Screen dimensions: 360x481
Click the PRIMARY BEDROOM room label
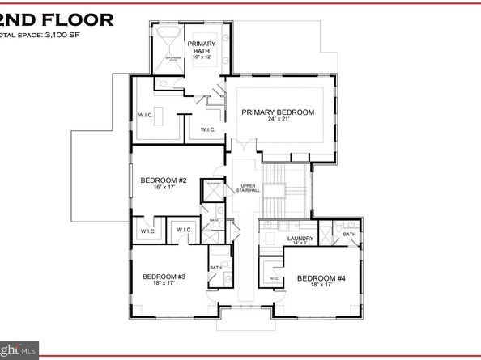pos(277,112)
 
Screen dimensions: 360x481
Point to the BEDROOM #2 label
pos(164,180)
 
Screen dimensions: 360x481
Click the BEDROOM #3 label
pos(164,277)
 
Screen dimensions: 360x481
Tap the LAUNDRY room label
pos(300,238)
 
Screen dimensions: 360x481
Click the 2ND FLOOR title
pos(57,19)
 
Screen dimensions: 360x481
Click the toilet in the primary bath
pos(161,86)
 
